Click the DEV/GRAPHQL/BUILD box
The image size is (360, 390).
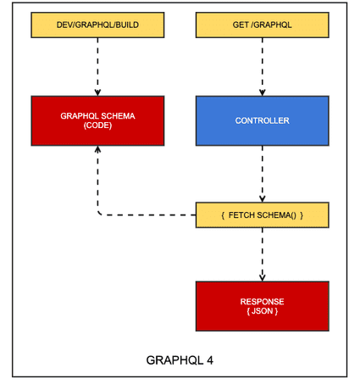click(97, 25)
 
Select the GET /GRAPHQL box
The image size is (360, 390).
click(263, 25)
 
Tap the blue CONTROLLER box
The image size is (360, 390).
click(263, 121)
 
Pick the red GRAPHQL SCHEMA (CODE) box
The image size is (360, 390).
click(97, 121)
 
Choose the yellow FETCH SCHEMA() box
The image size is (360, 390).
click(263, 215)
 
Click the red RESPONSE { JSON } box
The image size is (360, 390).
click(263, 306)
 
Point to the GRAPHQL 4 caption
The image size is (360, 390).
click(180, 360)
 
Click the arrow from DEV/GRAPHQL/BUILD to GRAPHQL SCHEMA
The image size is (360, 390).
click(97, 67)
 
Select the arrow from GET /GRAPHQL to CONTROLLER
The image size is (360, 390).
click(263, 67)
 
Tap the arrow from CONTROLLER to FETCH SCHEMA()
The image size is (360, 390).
click(263, 174)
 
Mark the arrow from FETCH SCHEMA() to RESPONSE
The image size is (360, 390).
click(263, 254)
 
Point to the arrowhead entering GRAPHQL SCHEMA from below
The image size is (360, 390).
click(97, 149)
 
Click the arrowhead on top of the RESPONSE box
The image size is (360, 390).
click(263, 278)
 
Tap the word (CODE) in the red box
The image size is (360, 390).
click(97, 125)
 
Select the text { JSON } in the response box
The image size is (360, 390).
click(263, 311)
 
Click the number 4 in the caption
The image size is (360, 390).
click(210, 360)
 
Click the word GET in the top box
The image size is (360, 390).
click(241, 25)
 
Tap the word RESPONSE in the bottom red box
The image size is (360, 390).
click(263, 302)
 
